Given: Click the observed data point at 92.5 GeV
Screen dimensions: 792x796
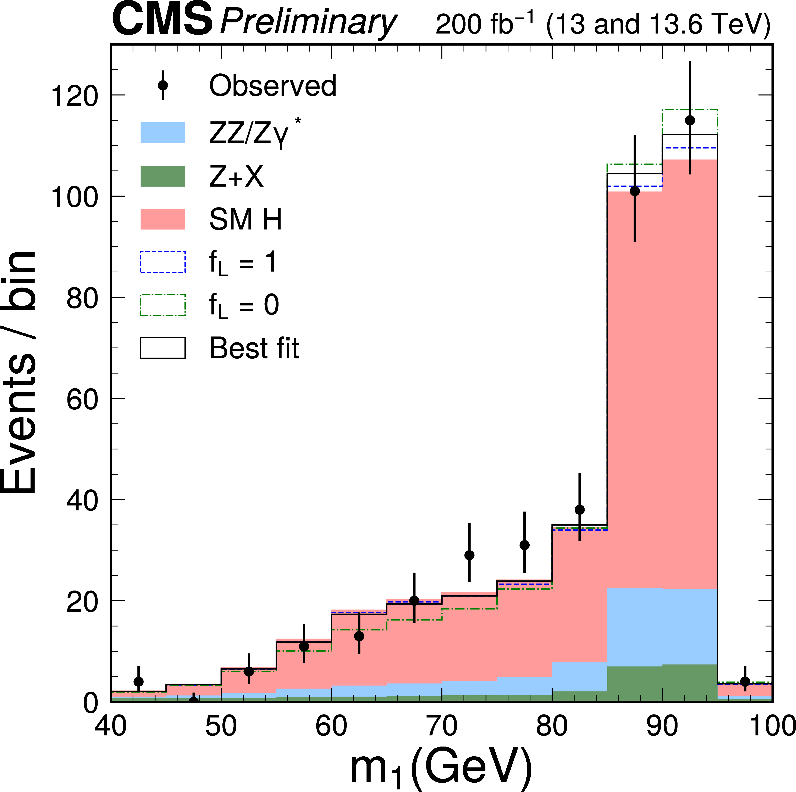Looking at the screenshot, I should click(x=690, y=120).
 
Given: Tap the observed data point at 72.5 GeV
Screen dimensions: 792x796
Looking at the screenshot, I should click(x=469, y=555).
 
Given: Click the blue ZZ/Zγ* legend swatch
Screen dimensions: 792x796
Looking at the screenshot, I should click(x=163, y=133).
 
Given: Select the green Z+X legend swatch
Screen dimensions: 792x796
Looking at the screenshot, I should click(x=163, y=176).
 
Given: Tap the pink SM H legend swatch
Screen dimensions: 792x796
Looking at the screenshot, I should click(x=163, y=219).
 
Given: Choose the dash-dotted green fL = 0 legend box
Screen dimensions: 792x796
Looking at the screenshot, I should click(x=163, y=305).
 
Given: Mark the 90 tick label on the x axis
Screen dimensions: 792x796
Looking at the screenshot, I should click(x=662, y=726).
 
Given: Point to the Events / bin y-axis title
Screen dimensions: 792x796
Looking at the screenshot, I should click(x=19, y=371).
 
